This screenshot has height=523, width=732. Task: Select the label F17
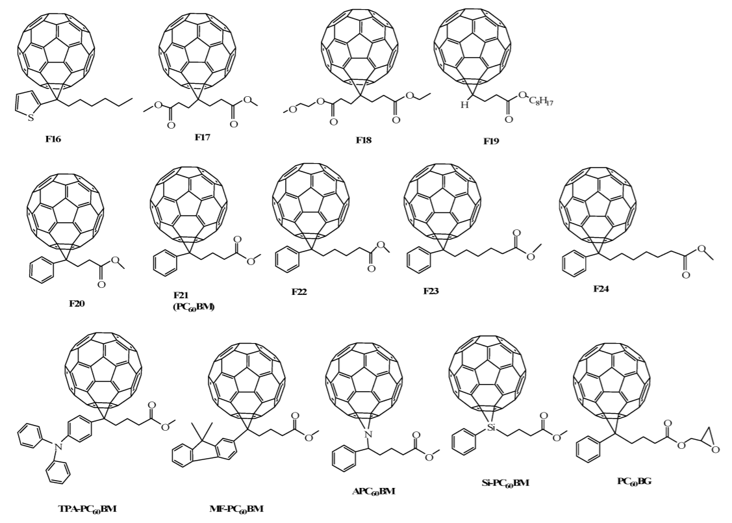tap(203, 137)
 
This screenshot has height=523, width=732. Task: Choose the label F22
tap(299, 292)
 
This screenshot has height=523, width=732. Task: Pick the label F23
tap(431, 290)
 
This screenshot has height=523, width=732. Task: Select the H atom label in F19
tap(466, 105)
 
